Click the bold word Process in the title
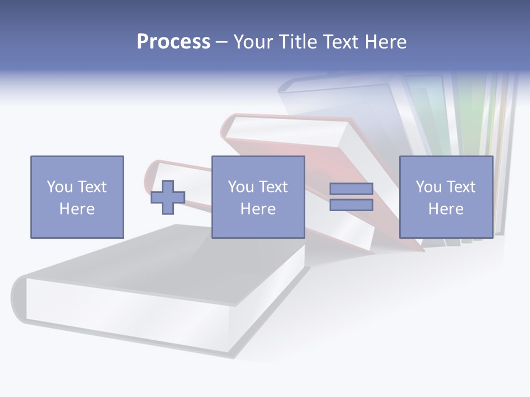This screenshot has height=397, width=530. [173, 42]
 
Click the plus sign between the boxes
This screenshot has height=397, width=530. [168, 197]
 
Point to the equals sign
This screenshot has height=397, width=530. [351, 197]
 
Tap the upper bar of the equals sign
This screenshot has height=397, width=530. [351, 189]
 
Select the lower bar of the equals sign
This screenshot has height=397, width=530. [351, 205]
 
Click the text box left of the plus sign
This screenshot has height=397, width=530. [77, 197]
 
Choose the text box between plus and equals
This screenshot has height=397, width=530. [258, 197]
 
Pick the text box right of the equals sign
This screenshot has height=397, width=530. [446, 197]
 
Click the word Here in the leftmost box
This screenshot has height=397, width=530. [77, 209]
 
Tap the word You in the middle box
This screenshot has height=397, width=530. [241, 187]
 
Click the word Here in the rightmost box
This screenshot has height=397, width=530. [446, 209]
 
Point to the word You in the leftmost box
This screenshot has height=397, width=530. [60, 187]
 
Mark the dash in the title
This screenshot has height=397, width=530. [222, 42]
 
